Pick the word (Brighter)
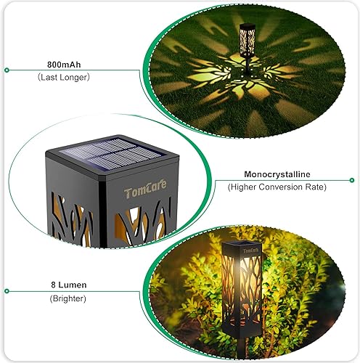point(67,298)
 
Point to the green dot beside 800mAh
point(7,70)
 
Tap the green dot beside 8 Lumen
point(7,292)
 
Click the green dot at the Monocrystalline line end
point(353,181)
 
